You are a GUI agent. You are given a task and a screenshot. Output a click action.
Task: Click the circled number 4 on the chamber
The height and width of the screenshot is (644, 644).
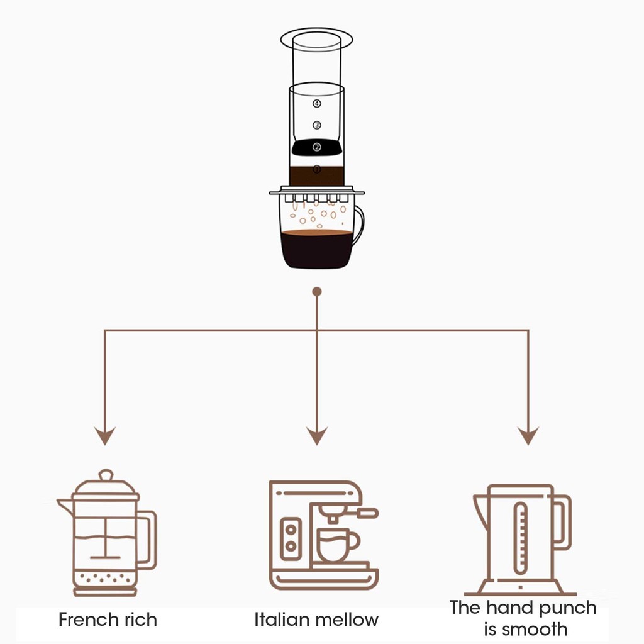click(x=317, y=103)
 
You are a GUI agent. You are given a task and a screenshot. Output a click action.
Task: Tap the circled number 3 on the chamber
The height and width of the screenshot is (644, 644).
click(x=317, y=125)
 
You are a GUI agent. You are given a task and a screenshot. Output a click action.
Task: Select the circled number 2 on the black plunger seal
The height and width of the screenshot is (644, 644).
click(x=317, y=147)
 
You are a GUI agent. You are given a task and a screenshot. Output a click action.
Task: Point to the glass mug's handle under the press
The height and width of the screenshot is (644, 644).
click(x=358, y=225)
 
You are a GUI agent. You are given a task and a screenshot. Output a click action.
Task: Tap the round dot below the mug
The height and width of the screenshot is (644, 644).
click(x=317, y=291)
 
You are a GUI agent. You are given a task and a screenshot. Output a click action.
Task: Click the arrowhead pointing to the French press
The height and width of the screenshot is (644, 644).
click(x=105, y=435)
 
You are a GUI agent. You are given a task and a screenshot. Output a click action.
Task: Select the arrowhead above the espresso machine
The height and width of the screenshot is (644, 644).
click(x=317, y=435)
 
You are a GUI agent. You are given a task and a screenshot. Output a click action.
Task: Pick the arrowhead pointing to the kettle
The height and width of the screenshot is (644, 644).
click(x=528, y=435)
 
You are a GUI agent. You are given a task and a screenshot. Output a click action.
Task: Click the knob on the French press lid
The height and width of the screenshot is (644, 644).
click(x=106, y=474)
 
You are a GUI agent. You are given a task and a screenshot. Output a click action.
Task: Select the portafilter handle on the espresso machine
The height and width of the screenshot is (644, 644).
click(x=365, y=513)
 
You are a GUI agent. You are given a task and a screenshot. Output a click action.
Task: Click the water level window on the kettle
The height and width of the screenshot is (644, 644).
click(x=520, y=538)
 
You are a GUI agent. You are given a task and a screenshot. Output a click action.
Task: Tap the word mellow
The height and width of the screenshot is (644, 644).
click(x=347, y=619)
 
